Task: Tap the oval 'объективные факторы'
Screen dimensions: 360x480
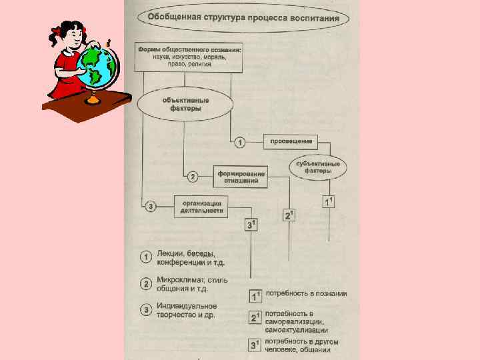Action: (185, 105)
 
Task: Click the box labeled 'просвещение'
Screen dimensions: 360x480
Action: (291, 141)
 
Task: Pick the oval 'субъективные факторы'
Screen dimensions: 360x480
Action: (317, 167)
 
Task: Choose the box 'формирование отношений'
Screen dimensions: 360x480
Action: (241, 177)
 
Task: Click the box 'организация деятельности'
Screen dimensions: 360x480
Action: (201, 206)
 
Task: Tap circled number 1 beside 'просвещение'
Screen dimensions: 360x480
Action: (240, 143)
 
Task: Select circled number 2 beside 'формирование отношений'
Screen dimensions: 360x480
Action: (192, 177)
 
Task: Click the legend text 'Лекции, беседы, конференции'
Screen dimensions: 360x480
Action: (186, 258)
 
